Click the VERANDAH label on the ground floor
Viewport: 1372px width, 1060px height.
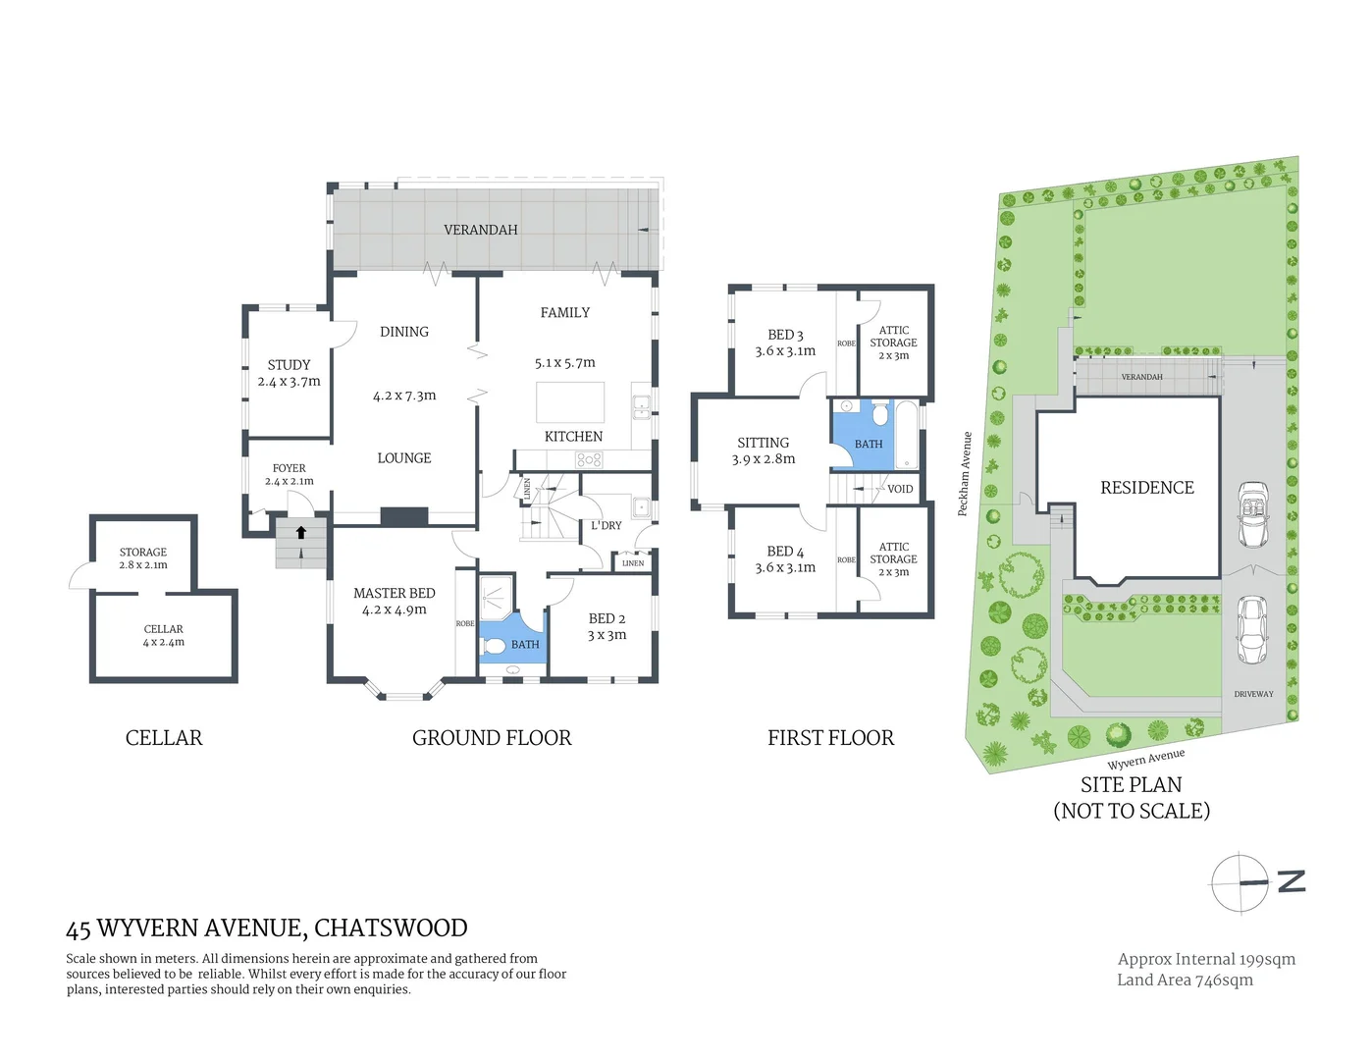tap(480, 230)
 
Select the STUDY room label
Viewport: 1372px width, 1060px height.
tap(289, 364)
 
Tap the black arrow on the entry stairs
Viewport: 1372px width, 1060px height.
tap(301, 533)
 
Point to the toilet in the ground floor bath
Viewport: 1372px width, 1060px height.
tap(493, 645)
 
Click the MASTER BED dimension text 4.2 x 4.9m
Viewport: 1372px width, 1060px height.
tap(394, 609)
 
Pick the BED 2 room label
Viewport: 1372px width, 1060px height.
tap(607, 618)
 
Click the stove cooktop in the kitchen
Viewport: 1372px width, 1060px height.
tap(589, 459)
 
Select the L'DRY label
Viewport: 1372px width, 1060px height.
tap(607, 525)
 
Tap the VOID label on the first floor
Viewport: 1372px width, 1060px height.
tap(900, 489)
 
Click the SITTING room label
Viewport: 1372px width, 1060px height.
tap(763, 443)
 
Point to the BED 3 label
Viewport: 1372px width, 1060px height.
tap(785, 335)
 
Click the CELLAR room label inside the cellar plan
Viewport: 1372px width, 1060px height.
tap(163, 629)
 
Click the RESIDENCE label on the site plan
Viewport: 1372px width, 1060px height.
tap(1146, 488)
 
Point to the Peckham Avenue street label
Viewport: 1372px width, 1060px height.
tap(966, 474)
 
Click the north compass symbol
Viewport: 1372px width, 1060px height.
tap(1241, 882)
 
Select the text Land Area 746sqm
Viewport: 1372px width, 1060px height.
tap(1185, 980)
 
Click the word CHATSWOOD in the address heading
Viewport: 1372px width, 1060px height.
tap(391, 927)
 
